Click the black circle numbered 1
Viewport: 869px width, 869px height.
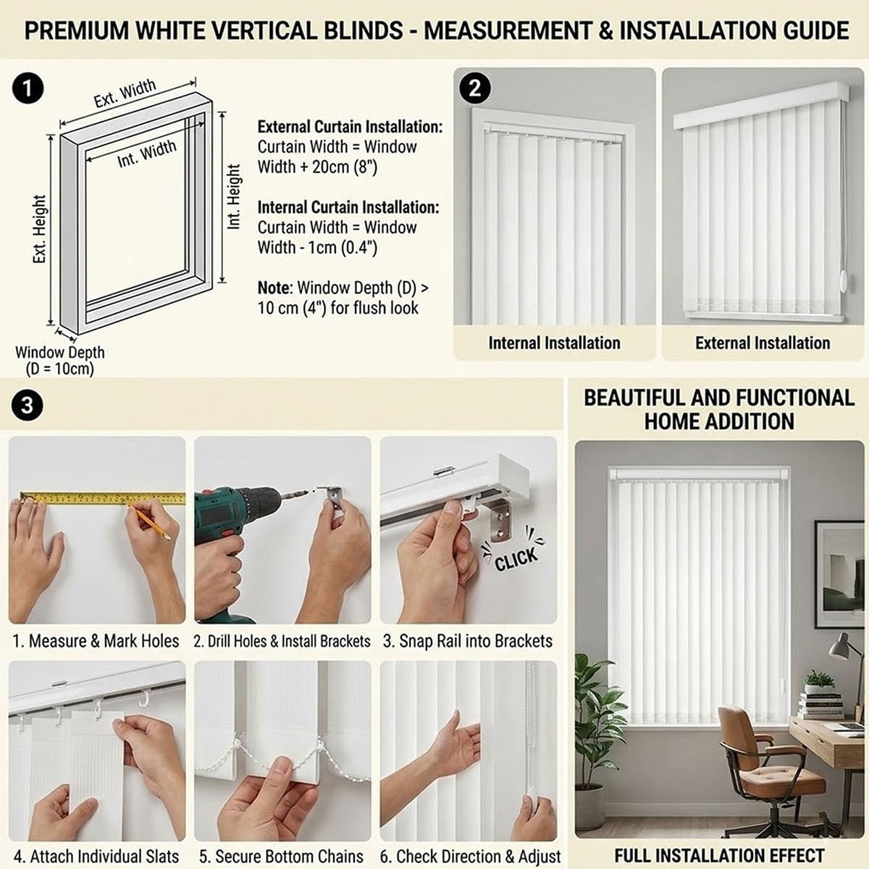pyautogui.click(x=28, y=89)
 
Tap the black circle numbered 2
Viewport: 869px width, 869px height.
pyautogui.click(x=475, y=88)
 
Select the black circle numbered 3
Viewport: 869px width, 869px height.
pyautogui.click(x=27, y=405)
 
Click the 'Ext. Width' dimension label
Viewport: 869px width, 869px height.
pyautogui.click(x=125, y=93)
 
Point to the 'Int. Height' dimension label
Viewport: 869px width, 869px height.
pyautogui.click(x=234, y=196)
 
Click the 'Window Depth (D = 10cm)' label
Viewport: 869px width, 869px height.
pyautogui.click(x=60, y=360)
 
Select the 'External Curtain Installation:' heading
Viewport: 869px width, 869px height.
pyautogui.click(x=350, y=127)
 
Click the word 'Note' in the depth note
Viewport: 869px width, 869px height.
pyautogui.click(x=273, y=287)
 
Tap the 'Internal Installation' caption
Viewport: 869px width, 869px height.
pyautogui.click(x=554, y=343)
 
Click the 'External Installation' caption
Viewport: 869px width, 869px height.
pyautogui.click(x=763, y=343)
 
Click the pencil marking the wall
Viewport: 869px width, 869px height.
pyautogui.click(x=148, y=522)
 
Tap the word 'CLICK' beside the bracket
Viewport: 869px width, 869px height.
pyautogui.click(x=516, y=558)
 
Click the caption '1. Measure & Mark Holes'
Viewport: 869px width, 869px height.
pyautogui.click(x=96, y=641)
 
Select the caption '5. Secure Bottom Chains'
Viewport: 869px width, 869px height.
pyautogui.click(x=282, y=857)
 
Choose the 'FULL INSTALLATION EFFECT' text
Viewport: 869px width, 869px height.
pyautogui.click(x=719, y=856)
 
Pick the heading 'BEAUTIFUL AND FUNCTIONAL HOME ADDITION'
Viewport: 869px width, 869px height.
pyautogui.click(x=719, y=409)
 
